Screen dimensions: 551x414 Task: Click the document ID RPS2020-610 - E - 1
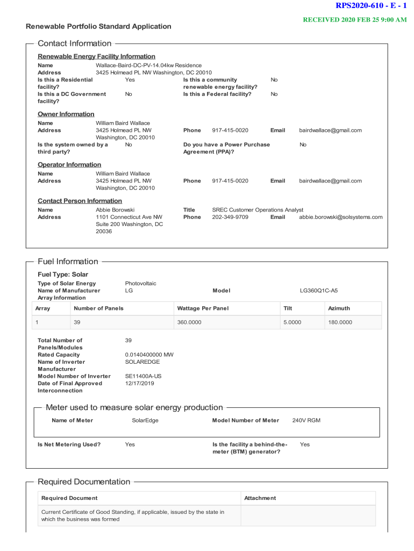371,6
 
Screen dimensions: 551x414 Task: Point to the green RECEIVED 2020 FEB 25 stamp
355,19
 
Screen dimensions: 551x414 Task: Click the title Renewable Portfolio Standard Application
99,26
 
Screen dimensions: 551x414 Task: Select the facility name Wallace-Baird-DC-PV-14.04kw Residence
149,65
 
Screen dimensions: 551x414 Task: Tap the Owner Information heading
66,114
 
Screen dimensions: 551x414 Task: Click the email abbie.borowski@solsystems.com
341,217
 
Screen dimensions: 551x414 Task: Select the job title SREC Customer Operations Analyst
258,210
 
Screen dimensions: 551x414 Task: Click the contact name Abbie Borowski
115,210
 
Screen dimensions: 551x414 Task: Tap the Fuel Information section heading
68,262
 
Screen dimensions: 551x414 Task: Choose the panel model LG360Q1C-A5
319,291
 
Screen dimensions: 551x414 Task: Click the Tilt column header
288,308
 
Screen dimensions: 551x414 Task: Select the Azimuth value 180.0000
340,322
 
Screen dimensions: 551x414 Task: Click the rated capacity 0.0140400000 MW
149,355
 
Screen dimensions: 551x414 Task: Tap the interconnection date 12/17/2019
139,383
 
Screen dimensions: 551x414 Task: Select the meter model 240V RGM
306,420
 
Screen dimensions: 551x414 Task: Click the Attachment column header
260,498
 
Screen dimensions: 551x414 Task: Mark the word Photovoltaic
141,284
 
